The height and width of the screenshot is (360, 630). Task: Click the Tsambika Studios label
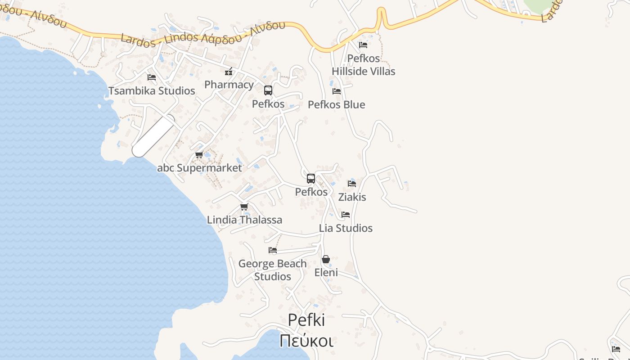click(152, 90)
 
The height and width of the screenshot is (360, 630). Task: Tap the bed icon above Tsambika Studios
click(152, 77)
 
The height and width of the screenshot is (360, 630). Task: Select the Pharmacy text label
click(229, 85)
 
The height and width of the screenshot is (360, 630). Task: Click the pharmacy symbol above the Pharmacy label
click(229, 72)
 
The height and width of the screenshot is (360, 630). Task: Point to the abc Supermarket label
click(199, 168)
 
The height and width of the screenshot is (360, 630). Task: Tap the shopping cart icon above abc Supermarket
click(199, 155)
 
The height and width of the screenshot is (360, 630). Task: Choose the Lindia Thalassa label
click(244, 220)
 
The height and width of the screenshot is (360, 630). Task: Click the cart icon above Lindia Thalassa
click(244, 207)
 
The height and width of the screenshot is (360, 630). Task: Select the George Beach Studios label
click(272, 270)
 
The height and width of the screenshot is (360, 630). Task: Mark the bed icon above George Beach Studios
click(273, 250)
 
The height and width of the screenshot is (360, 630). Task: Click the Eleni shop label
click(326, 272)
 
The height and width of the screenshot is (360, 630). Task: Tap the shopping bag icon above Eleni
click(326, 259)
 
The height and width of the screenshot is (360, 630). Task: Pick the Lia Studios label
click(346, 228)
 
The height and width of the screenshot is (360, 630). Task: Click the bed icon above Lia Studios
click(346, 215)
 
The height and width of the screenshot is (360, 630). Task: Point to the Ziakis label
click(352, 197)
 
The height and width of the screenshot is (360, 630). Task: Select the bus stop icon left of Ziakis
click(311, 179)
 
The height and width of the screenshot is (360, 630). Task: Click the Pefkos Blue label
click(336, 104)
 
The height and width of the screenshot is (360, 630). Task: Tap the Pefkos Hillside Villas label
click(363, 65)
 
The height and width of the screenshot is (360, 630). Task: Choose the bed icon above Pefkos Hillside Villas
click(363, 45)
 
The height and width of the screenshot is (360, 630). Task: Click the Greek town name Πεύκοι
click(306, 341)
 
